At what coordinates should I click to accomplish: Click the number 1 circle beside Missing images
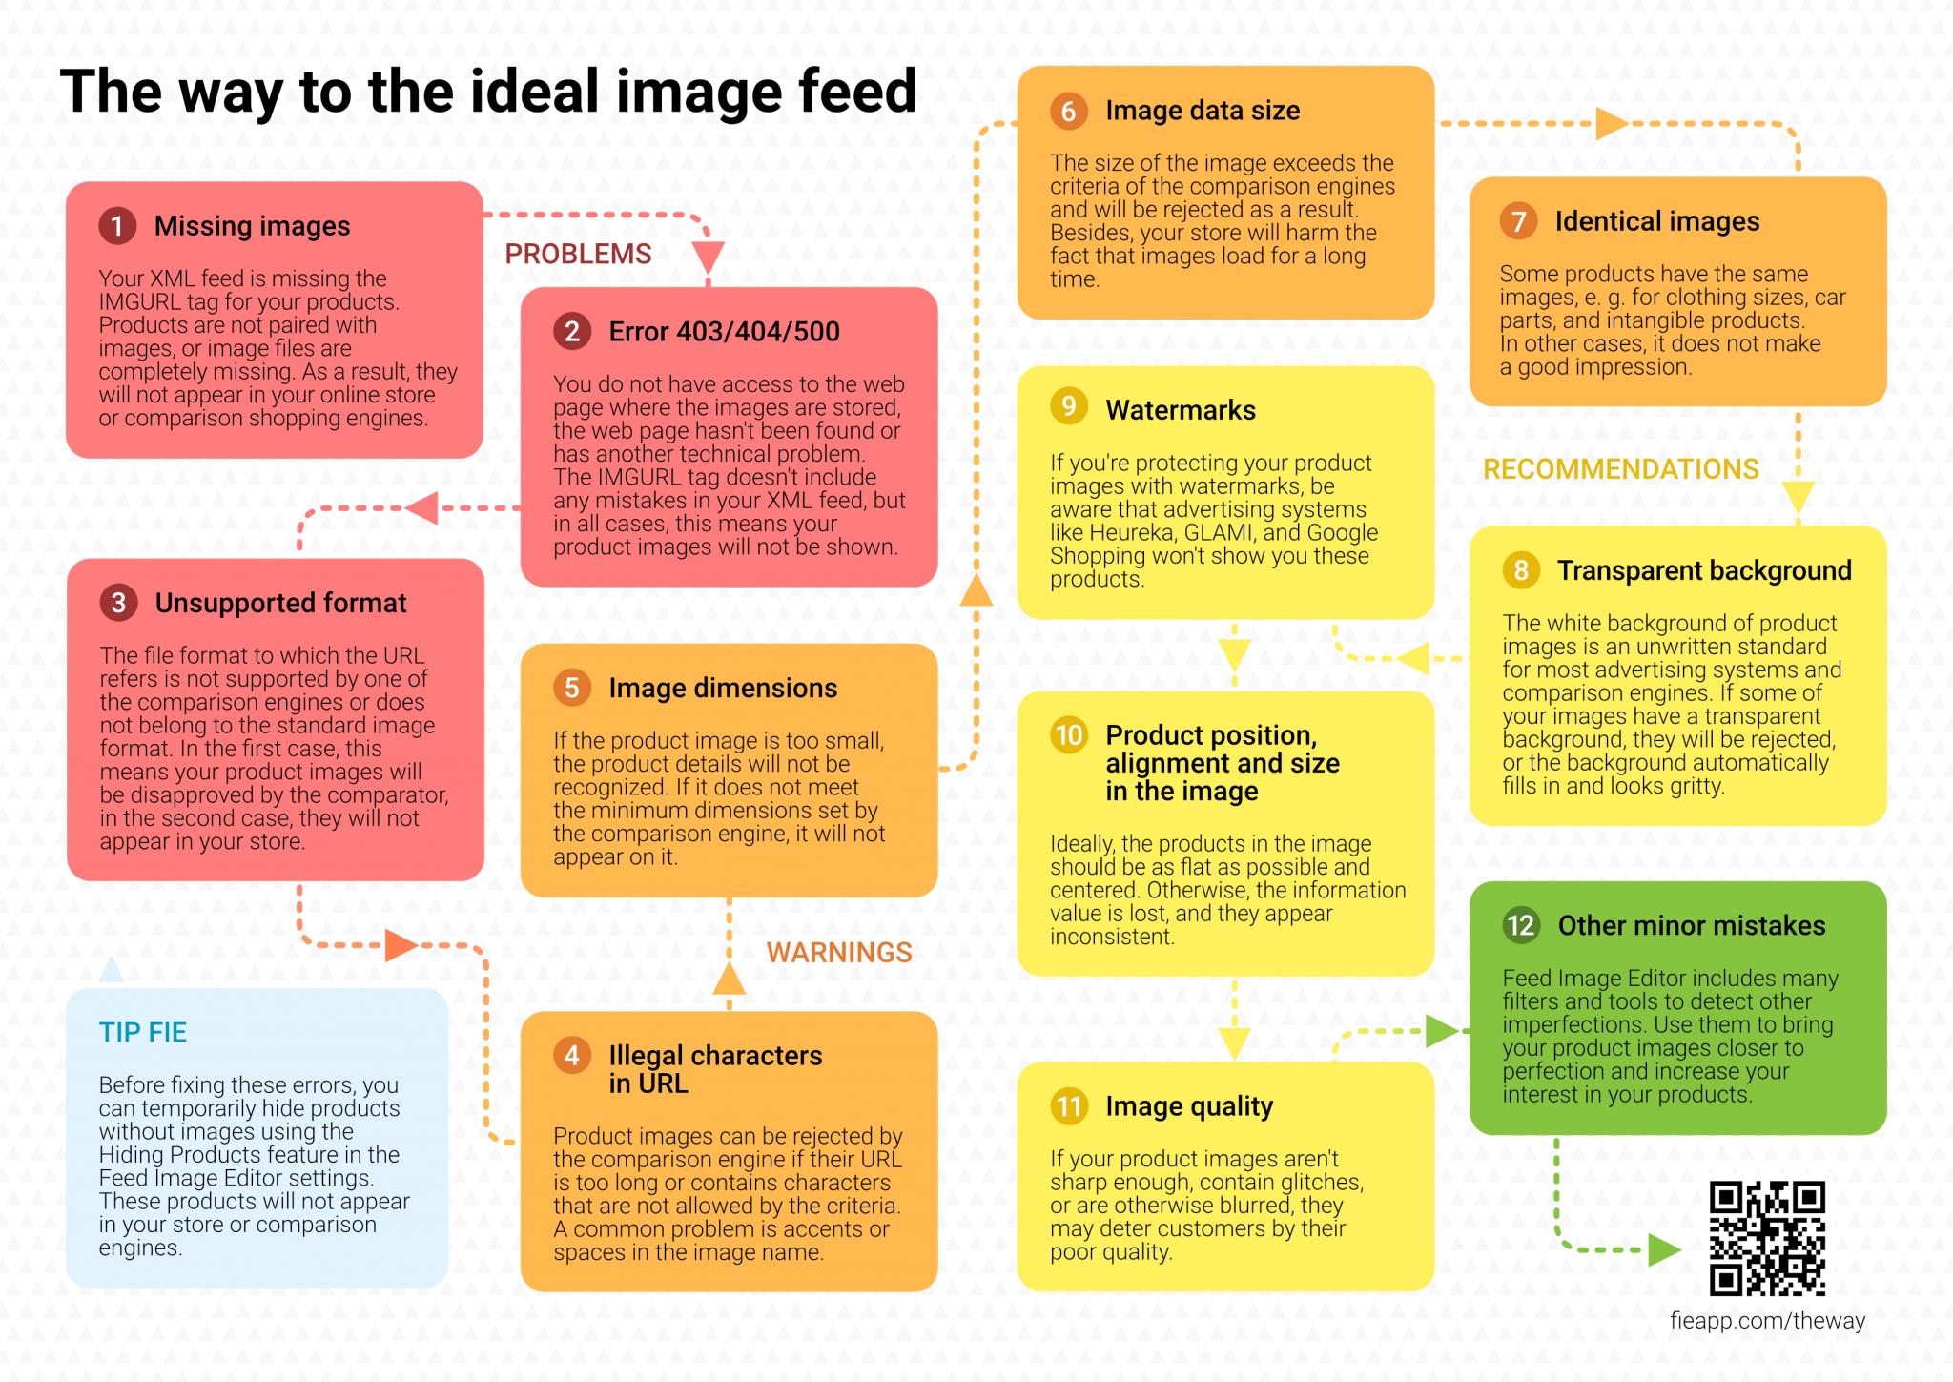coord(117,226)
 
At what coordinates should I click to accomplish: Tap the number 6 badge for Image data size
coord(1069,111)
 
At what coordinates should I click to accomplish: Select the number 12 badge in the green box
coord(1521,925)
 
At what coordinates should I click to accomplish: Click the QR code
coord(1767,1238)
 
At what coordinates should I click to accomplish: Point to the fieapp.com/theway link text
coord(1767,1321)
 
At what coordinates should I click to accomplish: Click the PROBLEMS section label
coord(578,254)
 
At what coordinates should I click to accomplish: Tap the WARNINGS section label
coord(839,952)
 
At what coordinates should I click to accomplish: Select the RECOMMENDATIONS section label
coord(1621,468)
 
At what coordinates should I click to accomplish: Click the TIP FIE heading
coord(143,1032)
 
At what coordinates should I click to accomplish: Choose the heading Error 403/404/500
coord(724,331)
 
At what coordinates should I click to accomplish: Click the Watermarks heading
coord(1181,410)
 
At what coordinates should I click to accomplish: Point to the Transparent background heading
coord(1704,570)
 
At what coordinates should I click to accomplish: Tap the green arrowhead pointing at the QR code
coord(1664,1249)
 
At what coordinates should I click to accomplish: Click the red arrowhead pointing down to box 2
coord(708,258)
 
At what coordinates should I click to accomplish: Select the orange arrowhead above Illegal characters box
coord(730,979)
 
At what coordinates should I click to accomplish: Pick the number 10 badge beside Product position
coord(1069,735)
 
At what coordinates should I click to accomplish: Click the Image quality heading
coord(1189,1106)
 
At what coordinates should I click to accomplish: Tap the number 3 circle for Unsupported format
coord(118,603)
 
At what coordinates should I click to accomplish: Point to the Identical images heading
coord(1657,221)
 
